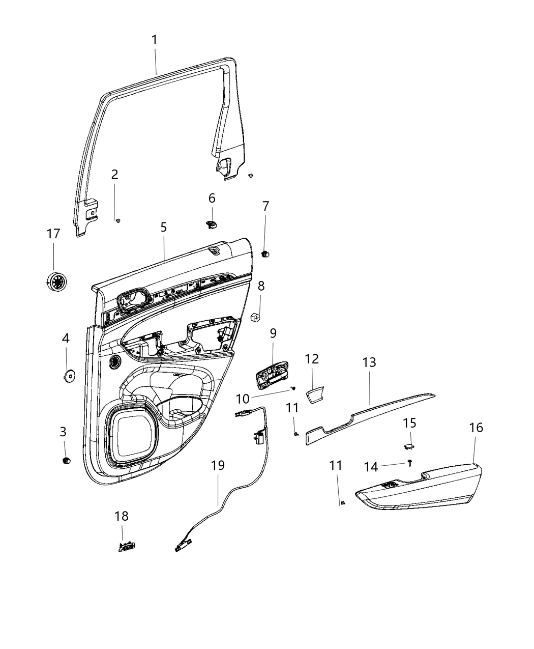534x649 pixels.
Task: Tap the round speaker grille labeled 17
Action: click(55, 280)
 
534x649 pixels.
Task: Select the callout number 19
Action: click(218, 465)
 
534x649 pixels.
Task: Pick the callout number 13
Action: click(369, 362)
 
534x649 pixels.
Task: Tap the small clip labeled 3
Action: click(65, 460)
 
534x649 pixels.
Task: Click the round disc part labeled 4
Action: click(68, 376)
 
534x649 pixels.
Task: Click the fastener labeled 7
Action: click(265, 253)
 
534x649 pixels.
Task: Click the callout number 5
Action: click(164, 228)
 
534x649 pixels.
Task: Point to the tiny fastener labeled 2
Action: click(117, 220)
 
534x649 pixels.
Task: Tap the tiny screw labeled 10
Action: click(294, 388)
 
